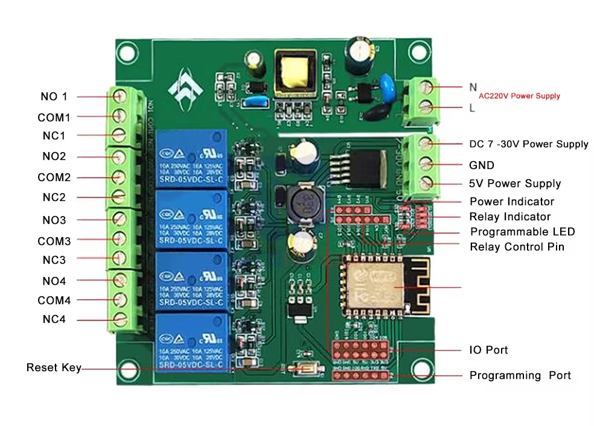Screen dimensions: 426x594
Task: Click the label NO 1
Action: point(54,97)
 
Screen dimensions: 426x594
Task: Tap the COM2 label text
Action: point(54,177)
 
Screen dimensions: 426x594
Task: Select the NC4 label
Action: point(54,319)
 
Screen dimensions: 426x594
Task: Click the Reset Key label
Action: point(53,367)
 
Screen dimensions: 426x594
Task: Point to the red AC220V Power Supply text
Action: point(519,96)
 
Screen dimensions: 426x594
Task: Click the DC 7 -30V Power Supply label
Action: point(528,144)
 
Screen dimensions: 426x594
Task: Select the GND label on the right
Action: point(481,165)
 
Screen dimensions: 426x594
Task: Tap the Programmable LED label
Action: point(522,232)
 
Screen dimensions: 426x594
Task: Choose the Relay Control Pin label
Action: point(517,247)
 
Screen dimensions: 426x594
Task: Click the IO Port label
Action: point(488,350)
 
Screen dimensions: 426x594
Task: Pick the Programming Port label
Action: point(520,375)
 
